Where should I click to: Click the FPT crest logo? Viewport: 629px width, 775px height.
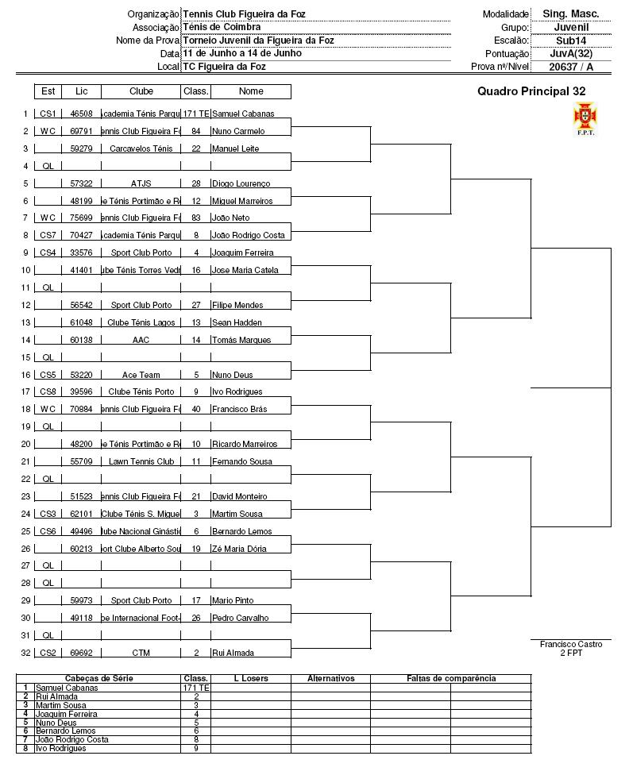pos(585,118)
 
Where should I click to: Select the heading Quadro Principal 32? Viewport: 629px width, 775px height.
pos(531,91)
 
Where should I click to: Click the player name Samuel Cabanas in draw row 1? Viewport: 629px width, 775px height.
pos(242,114)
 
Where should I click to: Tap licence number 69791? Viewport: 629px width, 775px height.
pos(81,132)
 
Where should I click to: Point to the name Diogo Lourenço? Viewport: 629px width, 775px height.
pos(241,184)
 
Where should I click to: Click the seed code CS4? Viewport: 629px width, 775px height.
pos(48,253)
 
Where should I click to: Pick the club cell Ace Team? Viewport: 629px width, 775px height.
pos(141,375)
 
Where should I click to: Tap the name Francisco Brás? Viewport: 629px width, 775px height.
pos(240,410)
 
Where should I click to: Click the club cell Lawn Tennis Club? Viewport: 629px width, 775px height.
pos(141,462)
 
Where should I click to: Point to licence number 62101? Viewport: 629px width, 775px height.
pos(81,515)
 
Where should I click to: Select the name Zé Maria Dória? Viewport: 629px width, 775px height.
pos(239,549)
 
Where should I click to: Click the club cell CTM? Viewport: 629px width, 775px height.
pos(141,654)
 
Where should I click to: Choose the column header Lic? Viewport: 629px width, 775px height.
pos(81,91)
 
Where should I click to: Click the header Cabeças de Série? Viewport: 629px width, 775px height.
pos(99,679)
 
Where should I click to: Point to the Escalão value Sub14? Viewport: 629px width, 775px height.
pos(570,40)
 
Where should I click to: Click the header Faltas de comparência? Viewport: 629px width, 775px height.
pos(450,679)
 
